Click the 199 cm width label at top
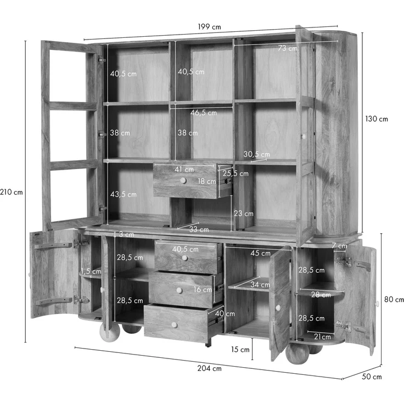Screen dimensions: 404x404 pyautogui.click(x=209, y=27)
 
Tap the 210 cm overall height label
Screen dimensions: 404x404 pyautogui.click(x=12, y=192)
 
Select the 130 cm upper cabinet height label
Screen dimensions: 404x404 pyautogui.click(x=377, y=119)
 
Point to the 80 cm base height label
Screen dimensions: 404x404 pyautogui.click(x=394, y=299)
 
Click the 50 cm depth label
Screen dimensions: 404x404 pyautogui.click(x=372, y=377)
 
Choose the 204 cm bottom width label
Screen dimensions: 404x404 pyautogui.click(x=209, y=368)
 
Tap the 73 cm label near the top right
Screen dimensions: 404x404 pyautogui.click(x=287, y=48)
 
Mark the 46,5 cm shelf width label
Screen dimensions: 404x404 pyautogui.click(x=204, y=113)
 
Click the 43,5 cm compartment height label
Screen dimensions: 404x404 pyautogui.click(x=123, y=194)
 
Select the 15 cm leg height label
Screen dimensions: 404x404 pyautogui.click(x=240, y=349)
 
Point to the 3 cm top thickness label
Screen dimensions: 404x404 pyautogui.click(x=126, y=234)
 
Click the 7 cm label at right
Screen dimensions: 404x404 pyautogui.click(x=339, y=246)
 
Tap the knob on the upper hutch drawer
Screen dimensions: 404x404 pyautogui.click(x=183, y=181)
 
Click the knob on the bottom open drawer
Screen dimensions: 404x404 pyautogui.click(x=175, y=325)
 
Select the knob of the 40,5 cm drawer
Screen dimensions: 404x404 pyautogui.click(x=184, y=258)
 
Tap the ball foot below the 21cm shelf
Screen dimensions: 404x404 pyautogui.click(x=297, y=353)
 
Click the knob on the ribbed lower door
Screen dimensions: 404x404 pyautogui.click(x=278, y=307)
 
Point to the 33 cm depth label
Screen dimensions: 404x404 pyautogui.click(x=199, y=229)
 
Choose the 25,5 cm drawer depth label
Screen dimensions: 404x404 pyautogui.click(x=235, y=173)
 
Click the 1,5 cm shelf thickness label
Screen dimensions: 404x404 pyautogui.click(x=91, y=271)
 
